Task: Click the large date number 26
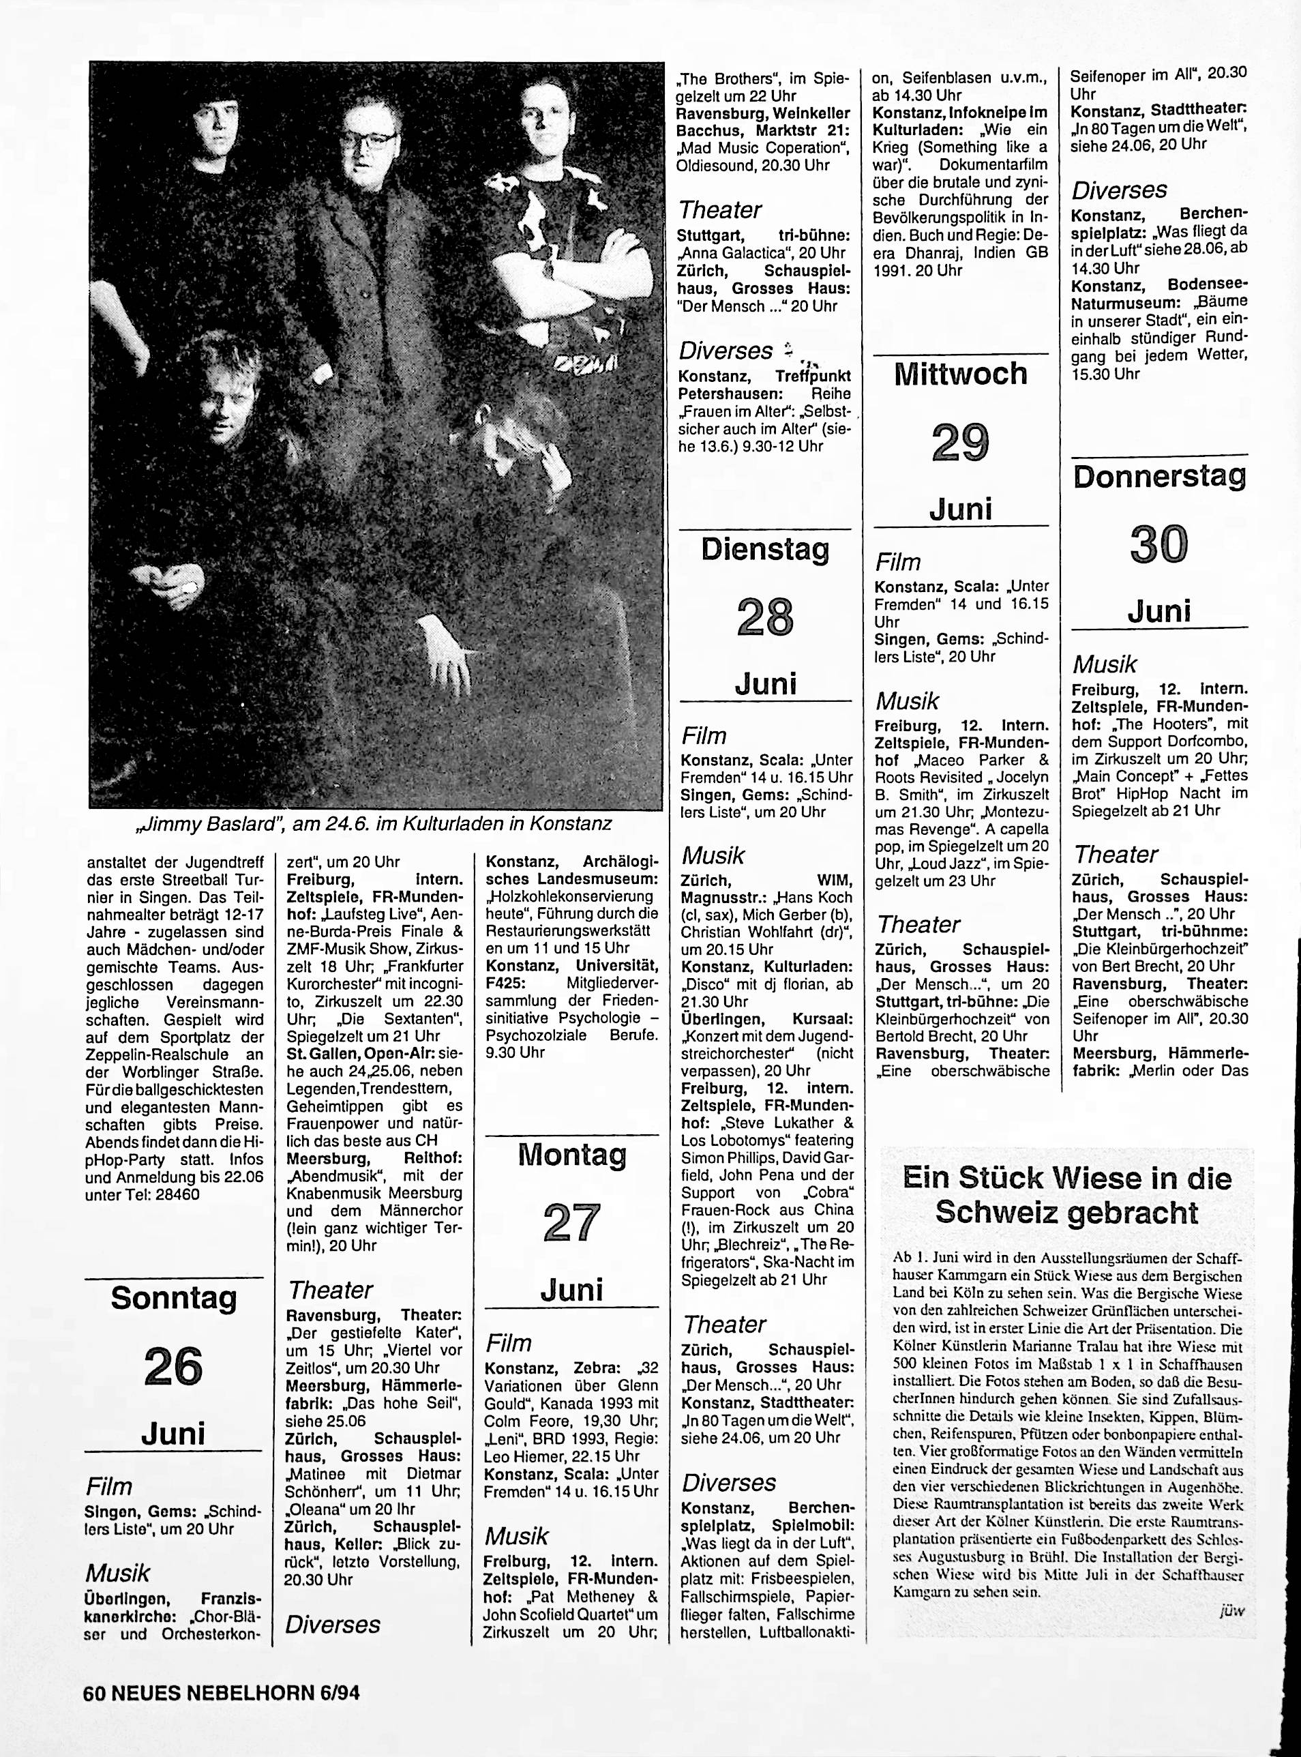[173, 1366]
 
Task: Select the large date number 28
[766, 617]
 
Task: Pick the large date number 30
[1158, 544]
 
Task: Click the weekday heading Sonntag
[173, 1299]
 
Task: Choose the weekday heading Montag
[572, 1155]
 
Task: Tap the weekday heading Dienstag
[766, 550]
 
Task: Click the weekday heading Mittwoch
[961, 373]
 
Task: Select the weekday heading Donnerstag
[1159, 477]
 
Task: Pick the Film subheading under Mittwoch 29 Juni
[898, 562]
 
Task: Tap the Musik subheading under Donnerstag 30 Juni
[1104, 665]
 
